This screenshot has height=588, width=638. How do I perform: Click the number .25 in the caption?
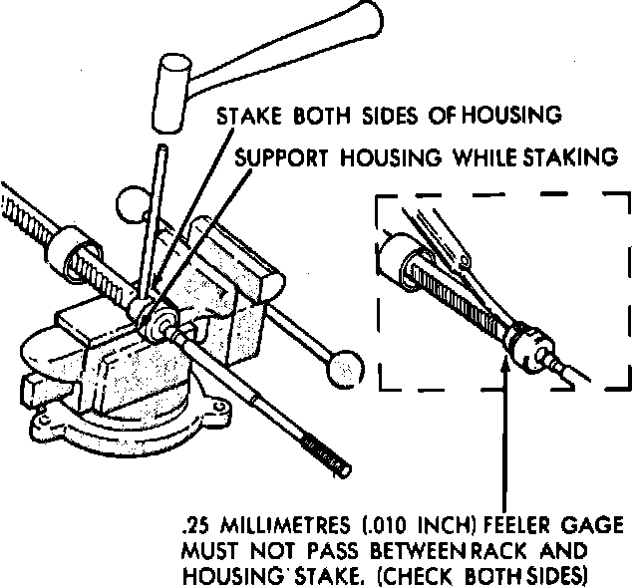[195, 526]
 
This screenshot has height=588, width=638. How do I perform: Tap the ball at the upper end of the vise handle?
[130, 204]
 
